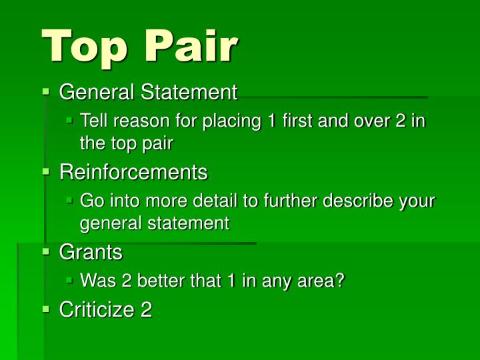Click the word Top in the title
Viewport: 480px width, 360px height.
[84, 47]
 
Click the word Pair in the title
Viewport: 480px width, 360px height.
[191, 45]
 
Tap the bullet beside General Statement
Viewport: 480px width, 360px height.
[46, 91]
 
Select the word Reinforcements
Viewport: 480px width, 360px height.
[133, 172]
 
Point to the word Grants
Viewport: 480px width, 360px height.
[91, 252]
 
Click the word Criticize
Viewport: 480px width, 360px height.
[97, 309]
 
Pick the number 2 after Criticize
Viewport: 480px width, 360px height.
[146, 309]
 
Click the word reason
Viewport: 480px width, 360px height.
[141, 121]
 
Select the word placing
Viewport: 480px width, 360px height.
[232, 121]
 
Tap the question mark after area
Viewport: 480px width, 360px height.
[340, 280]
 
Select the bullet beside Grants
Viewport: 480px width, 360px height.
[46, 251]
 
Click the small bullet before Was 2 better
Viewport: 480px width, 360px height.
[69, 280]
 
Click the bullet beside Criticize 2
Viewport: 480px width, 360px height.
[46, 309]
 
